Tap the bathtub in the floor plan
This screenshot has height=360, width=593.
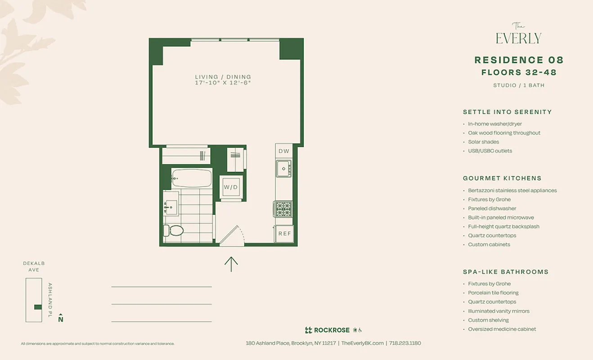click(x=191, y=178)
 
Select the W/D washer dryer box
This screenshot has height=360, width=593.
click(x=231, y=187)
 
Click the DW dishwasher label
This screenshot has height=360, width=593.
click(x=283, y=151)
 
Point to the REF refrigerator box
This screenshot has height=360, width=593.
click(x=284, y=234)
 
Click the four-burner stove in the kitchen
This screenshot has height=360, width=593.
click(x=283, y=209)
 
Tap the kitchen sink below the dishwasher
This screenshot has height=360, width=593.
click(x=283, y=169)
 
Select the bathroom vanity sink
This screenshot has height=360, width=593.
click(x=171, y=207)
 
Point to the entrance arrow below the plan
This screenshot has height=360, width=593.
click(x=231, y=264)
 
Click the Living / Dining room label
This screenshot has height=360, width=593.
click(x=223, y=77)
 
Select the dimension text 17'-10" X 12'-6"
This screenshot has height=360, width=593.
click(x=223, y=83)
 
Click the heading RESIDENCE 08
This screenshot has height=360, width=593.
click(x=519, y=60)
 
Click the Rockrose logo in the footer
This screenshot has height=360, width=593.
click(x=328, y=330)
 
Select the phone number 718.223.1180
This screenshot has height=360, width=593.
click(x=405, y=343)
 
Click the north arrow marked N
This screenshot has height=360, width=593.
click(x=61, y=318)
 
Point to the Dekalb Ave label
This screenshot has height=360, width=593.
click(x=34, y=266)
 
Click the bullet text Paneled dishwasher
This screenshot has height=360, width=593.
click(x=492, y=208)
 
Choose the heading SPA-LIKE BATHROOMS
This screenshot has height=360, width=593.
click(x=505, y=272)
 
